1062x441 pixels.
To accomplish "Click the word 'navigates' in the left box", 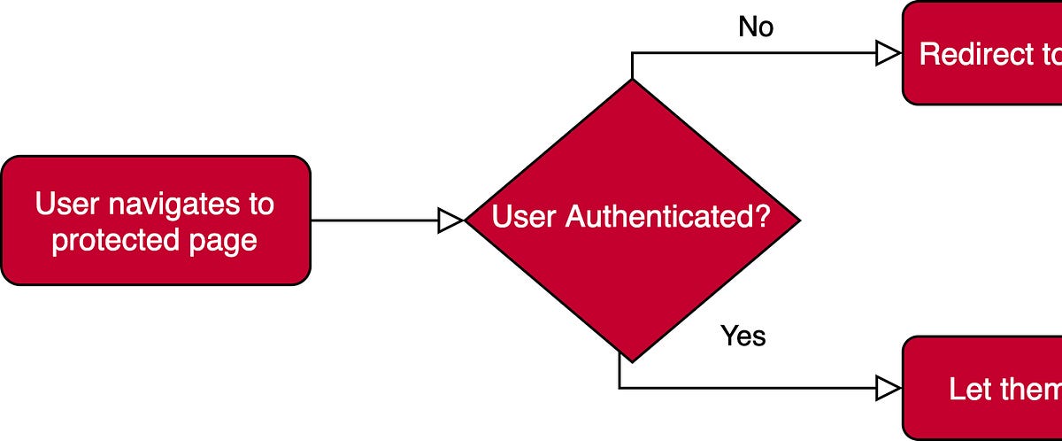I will pos(173,205).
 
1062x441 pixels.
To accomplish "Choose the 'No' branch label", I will pos(755,27).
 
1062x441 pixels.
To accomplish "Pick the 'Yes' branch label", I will pos(743,337).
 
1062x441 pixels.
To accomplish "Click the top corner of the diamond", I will pos(632,79).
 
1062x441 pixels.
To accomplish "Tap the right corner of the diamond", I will pos(799,220).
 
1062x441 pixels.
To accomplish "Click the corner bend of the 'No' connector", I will pos(632,54).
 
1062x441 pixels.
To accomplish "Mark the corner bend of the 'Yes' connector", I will pos(619,387).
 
